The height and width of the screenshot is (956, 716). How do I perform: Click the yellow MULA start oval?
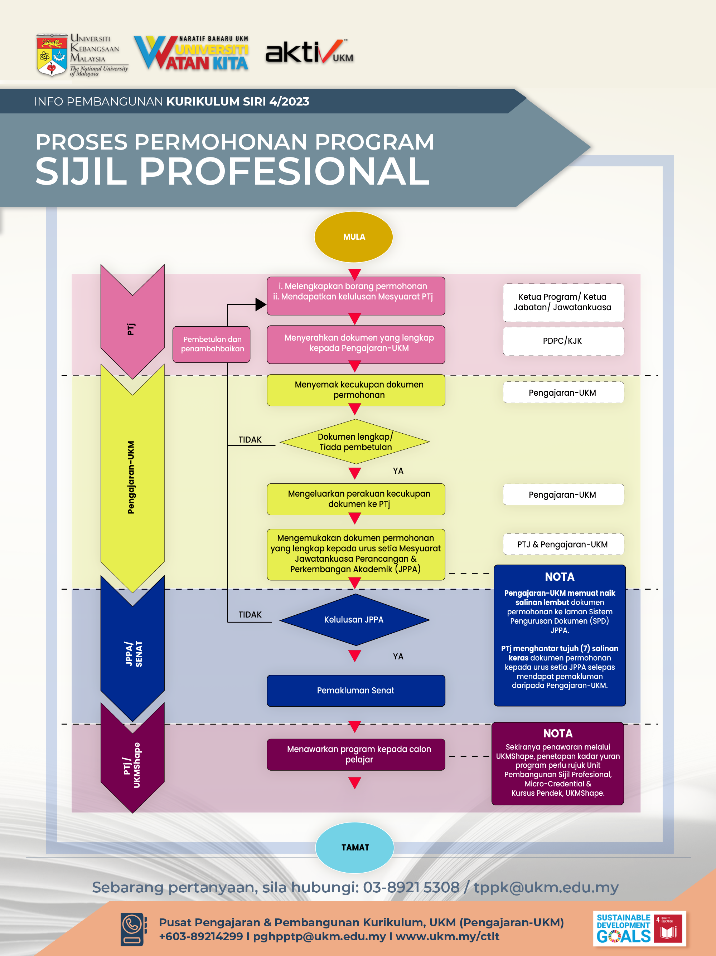(x=353, y=237)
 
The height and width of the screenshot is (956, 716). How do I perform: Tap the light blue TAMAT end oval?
(x=354, y=847)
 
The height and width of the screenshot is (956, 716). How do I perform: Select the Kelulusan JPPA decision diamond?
(x=354, y=619)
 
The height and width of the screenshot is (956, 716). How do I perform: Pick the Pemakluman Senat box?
(x=355, y=690)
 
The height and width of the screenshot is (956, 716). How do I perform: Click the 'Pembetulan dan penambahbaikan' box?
(x=212, y=344)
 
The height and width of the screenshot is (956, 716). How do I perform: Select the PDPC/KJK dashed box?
(x=562, y=341)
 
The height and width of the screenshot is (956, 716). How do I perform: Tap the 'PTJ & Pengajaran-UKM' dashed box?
(x=562, y=544)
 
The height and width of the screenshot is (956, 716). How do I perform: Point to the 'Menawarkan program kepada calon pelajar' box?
(x=355, y=754)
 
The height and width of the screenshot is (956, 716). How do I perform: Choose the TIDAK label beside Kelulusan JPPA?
(x=250, y=614)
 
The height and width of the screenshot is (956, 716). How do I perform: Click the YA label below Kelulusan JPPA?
(x=398, y=656)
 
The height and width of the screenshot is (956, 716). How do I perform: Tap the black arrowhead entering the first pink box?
(x=260, y=304)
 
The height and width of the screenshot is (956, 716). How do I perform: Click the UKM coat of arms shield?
(x=52, y=55)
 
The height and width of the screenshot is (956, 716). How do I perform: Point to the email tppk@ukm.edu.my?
(x=546, y=887)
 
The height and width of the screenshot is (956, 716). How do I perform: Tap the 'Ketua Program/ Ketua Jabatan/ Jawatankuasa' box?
(x=562, y=302)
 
